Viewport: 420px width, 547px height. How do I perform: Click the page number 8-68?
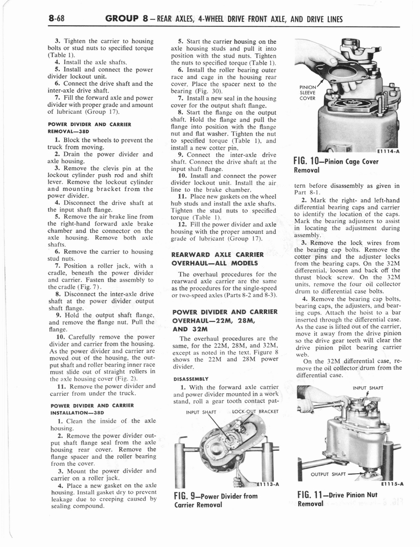pyautogui.click(x=56, y=19)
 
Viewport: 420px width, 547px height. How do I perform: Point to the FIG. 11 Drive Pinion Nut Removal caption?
pyautogui.click(x=337, y=499)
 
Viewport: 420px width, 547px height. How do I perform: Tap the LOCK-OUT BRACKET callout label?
pyautogui.click(x=252, y=411)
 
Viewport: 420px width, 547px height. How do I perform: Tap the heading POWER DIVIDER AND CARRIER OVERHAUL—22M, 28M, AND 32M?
pyautogui.click(x=223, y=320)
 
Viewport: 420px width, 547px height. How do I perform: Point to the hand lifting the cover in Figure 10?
pyautogui.click(x=321, y=59)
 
